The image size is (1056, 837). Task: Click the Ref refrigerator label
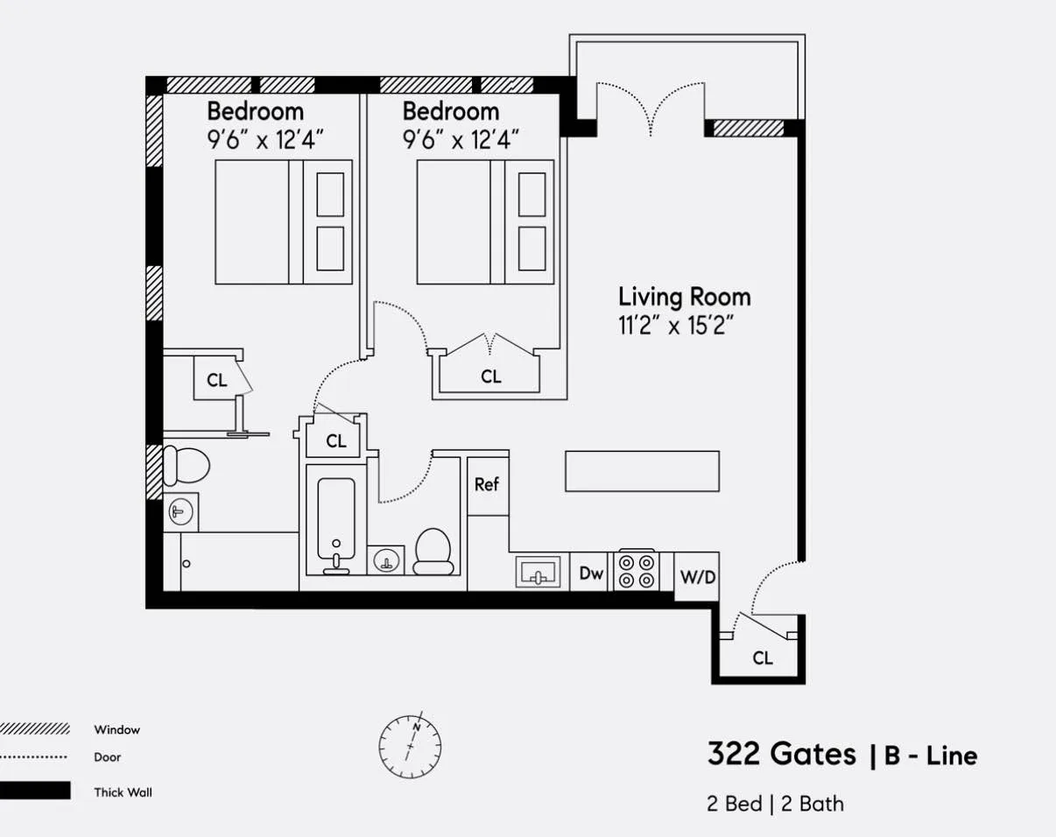coord(487,484)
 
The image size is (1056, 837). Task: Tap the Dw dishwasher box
coord(591,574)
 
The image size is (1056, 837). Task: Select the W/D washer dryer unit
coord(698,578)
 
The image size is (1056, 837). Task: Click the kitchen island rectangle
coord(642,471)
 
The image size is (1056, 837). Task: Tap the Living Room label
coord(684,297)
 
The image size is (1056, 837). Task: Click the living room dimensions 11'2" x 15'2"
coord(675,327)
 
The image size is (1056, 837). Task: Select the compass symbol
coord(410,747)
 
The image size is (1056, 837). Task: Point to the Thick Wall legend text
coord(123,792)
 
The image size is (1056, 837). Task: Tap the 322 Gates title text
coord(781,754)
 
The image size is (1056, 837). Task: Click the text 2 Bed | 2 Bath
coord(775,804)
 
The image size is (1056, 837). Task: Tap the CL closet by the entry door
coord(762,658)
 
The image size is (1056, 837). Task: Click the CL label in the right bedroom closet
coord(491,376)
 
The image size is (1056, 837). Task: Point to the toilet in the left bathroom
coord(187,465)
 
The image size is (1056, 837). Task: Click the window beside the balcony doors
coord(749,129)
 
